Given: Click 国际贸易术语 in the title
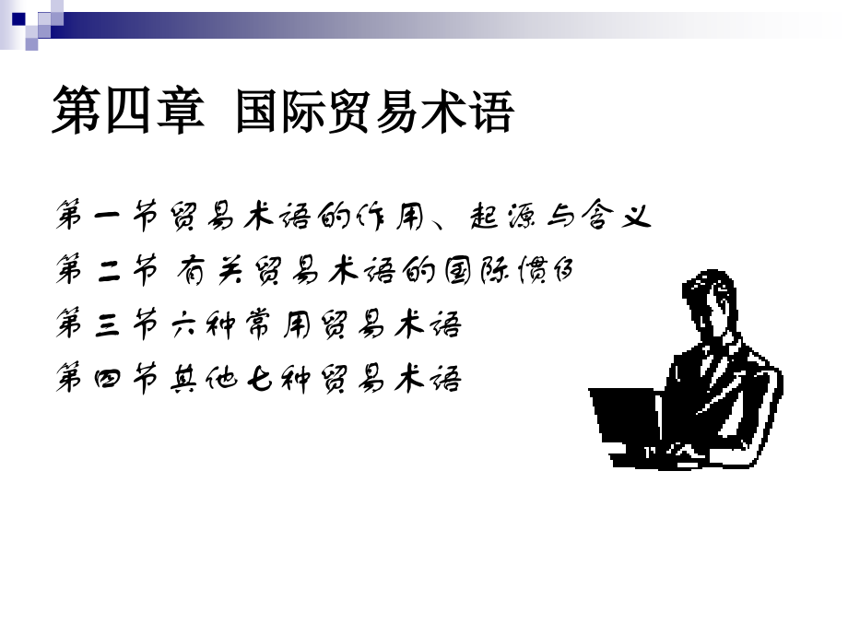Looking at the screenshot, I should coord(373,112).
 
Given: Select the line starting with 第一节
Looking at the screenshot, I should coord(354,218).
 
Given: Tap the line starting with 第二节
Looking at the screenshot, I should coord(317,272).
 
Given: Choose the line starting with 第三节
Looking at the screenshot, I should coord(258,325).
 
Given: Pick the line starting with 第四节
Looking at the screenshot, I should coord(258,379).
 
